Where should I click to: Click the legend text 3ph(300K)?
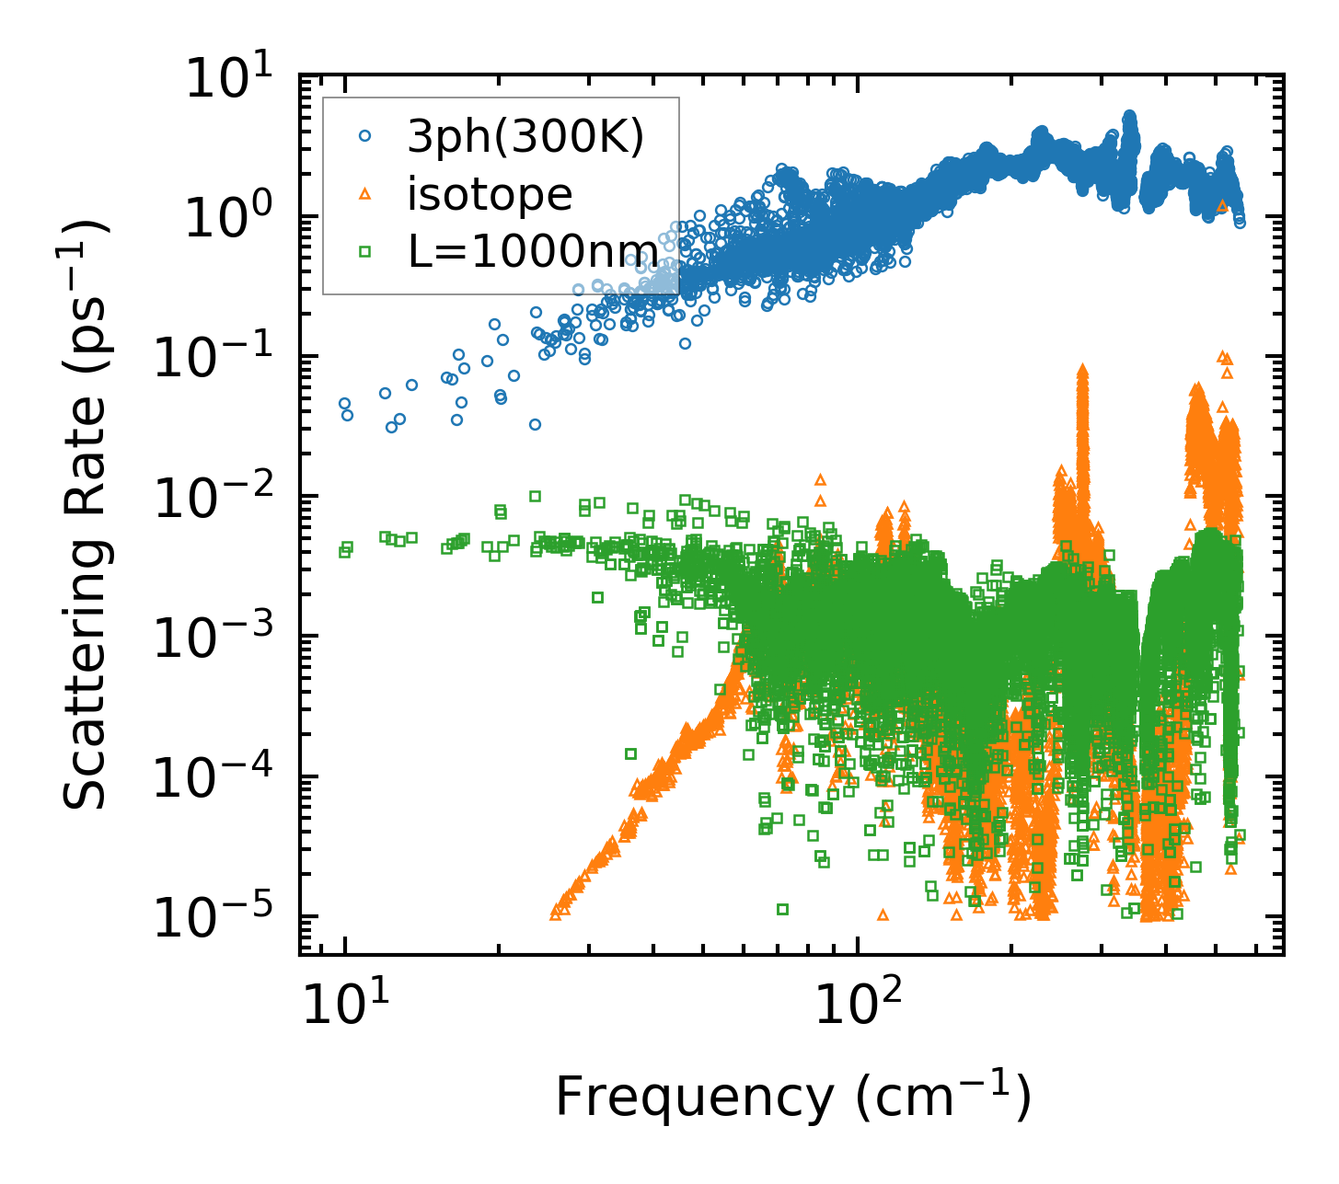coord(525,137)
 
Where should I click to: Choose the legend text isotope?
coord(491,194)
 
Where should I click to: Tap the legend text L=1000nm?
coord(533,251)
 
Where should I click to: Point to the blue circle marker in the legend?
coord(365,135)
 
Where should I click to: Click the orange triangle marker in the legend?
coord(365,193)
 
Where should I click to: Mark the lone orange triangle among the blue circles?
coord(1221,206)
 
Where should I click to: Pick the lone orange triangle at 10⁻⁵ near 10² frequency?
coord(883,914)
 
